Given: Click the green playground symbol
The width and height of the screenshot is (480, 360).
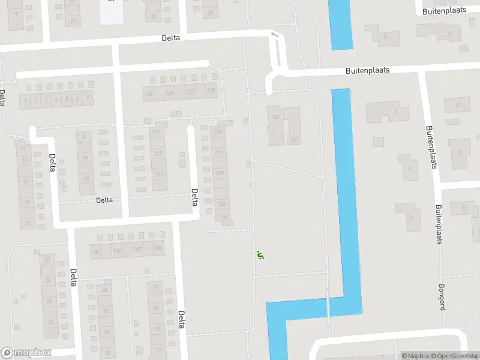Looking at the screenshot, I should click(x=260, y=255).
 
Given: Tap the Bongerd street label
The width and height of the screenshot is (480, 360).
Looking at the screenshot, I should click(x=442, y=296).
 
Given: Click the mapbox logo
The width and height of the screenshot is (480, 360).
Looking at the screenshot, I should click(x=26, y=353).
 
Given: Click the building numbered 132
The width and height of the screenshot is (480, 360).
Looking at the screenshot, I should click(x=294, y=139).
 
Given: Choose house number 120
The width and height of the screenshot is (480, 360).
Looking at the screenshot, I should click(x=211, y=91).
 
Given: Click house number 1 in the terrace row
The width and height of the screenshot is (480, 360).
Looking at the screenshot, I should click(x=25, y=101).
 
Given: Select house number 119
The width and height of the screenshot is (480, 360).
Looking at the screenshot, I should click(x=158, y=133).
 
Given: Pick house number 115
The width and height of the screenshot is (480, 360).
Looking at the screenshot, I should click(x=159, y=175).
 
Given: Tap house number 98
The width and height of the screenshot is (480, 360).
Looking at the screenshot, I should click(x=95, y=251).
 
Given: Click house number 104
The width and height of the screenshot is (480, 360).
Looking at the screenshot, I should click(x=158, y=248).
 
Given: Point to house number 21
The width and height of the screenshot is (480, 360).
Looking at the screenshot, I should click(x=26, y=223).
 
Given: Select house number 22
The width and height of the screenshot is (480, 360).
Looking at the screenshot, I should click(x=47, y=259).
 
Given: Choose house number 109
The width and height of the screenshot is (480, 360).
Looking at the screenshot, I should click(x=220, y=174).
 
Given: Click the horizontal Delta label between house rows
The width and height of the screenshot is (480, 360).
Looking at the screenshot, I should click(x=100, y=200).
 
